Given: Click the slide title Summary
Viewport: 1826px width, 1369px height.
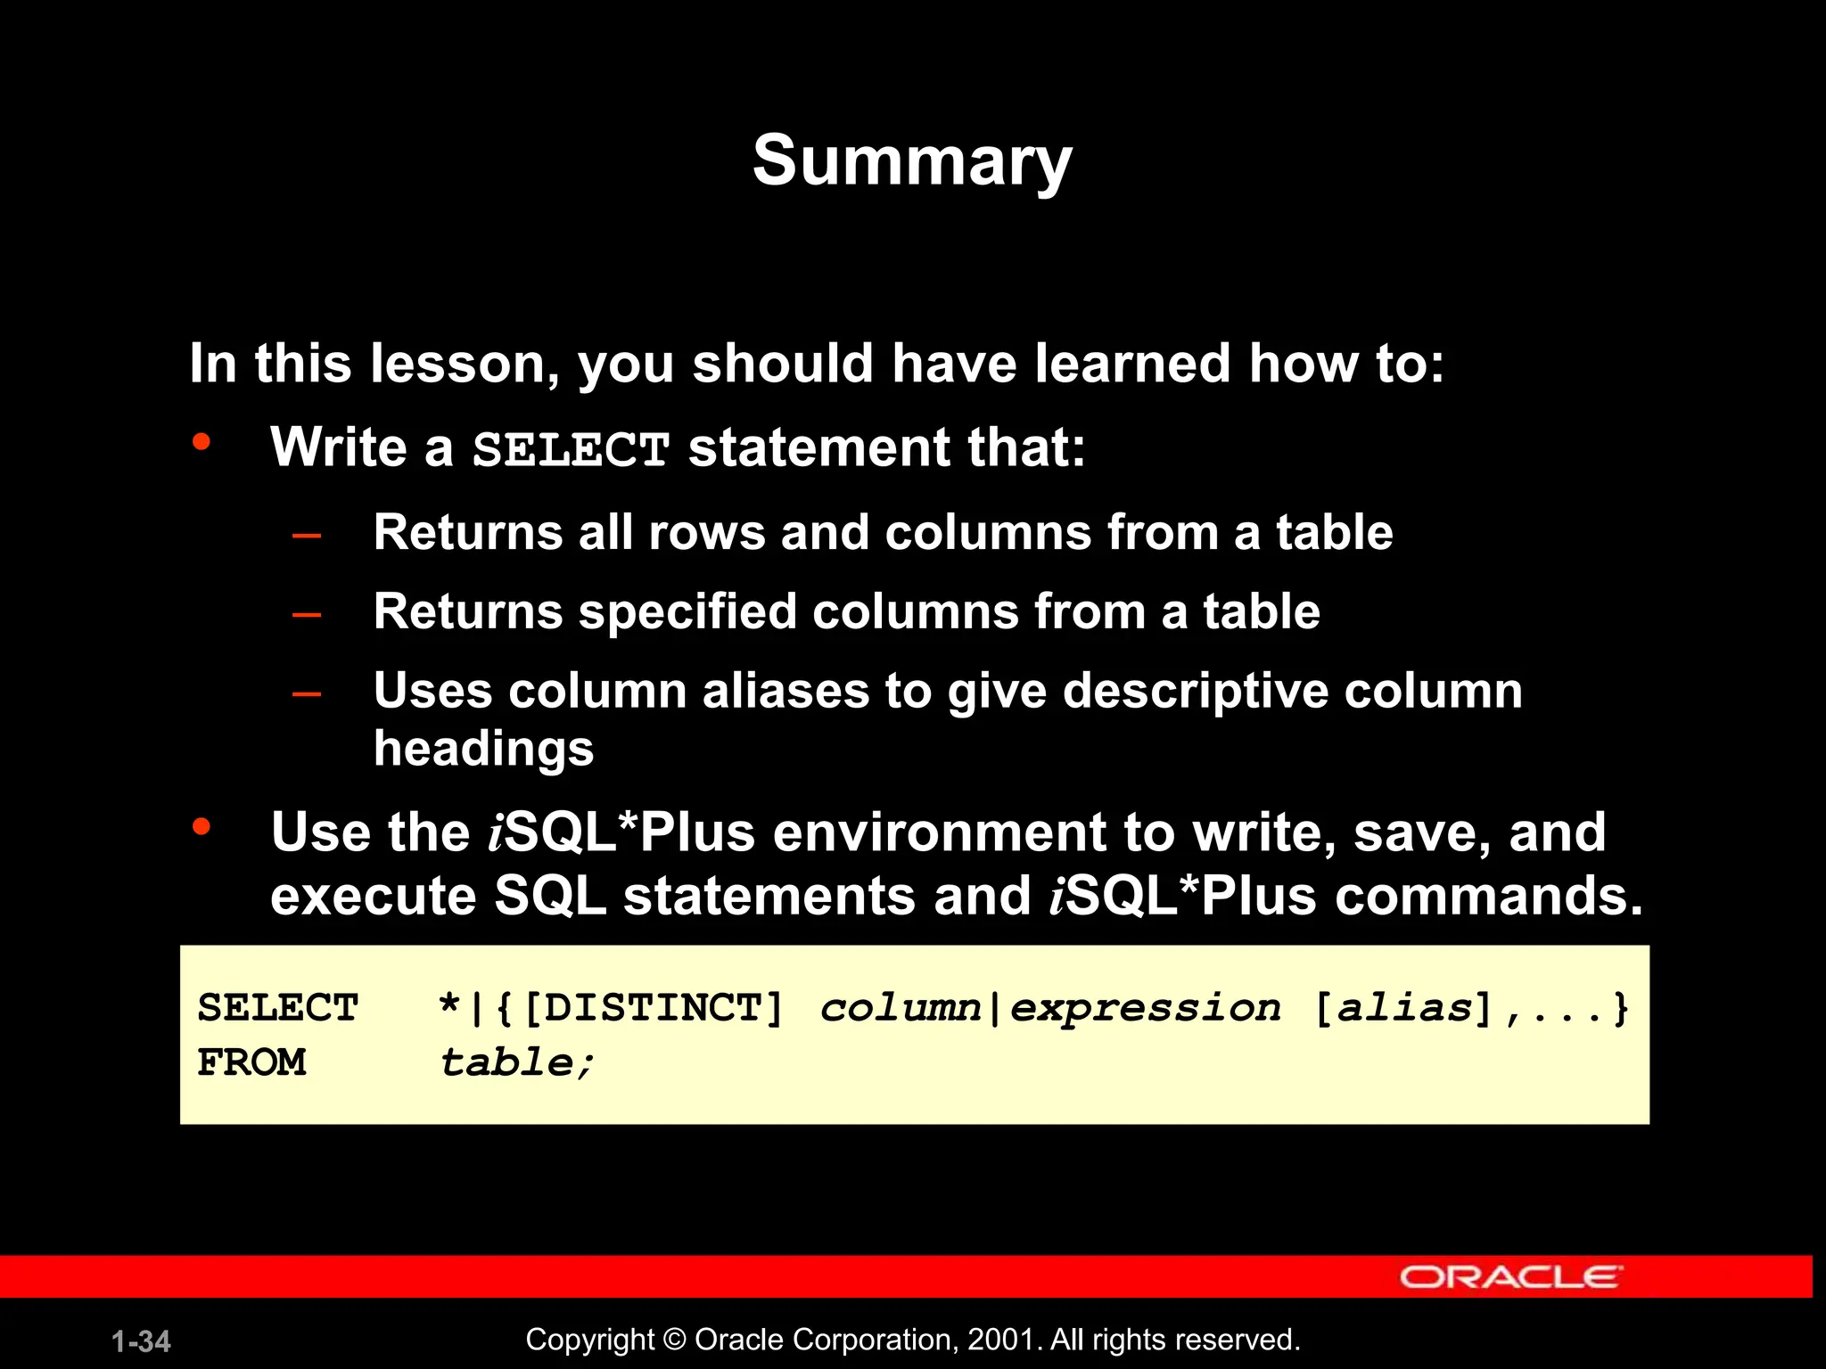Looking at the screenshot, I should [x=911, y=161].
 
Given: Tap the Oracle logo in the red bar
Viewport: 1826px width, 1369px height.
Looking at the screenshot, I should [x=1510, y=1276].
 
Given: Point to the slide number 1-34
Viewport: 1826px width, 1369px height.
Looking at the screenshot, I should [x=141, y=1341].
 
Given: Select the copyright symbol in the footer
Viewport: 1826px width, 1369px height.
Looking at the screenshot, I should [x=675, y=1340].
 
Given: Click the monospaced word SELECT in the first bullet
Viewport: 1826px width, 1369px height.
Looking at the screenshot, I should [x=571, y=449].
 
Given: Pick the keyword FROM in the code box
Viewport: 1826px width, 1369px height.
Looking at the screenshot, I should [x=251, y=1062].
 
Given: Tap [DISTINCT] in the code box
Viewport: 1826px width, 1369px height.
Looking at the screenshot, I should [x=653, y=1008].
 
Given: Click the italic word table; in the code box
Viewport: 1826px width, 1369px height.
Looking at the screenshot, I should [x=516, y=1062].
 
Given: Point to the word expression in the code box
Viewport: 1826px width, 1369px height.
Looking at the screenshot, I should [x=1145, y=1008].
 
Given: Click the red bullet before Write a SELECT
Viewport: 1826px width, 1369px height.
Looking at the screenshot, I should [x=202, y=441].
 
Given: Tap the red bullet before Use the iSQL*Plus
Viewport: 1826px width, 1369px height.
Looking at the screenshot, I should [x=202, y=826].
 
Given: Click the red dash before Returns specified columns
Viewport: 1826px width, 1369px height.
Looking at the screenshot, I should [x=307, y=615].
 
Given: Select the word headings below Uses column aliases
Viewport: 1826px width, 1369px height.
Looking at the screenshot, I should [x=483, y=749].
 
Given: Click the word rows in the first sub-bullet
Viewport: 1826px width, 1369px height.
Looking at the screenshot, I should [x=706, y=533].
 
